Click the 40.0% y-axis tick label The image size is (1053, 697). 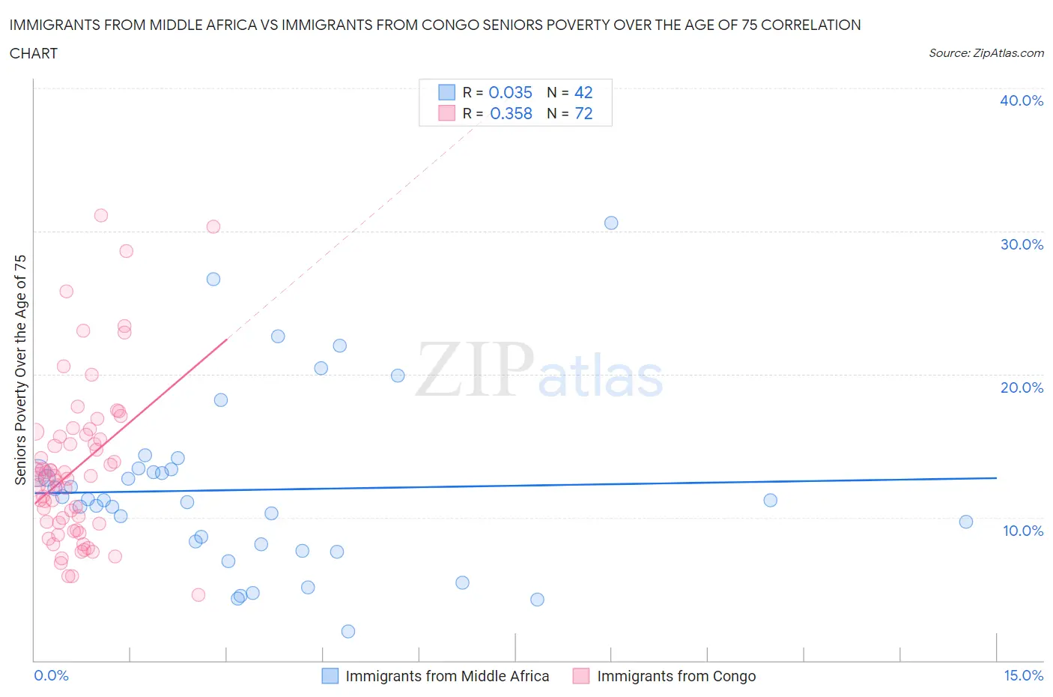tap(1021, 100)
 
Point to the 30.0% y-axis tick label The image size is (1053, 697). tap(1021, 244)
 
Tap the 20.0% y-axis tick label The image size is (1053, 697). tap(1021, 387)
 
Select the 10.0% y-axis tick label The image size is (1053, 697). tap(1022, 531)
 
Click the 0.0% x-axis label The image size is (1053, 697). tap(51, 675)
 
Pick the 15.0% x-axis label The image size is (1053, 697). tap(1023, 675)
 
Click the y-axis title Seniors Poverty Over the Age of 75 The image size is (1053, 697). tap(20, 369)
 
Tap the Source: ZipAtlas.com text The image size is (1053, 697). tap(986, 52)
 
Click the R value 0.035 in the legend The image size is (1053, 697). tap(510, 92)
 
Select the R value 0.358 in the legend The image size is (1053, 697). tap(511, 113)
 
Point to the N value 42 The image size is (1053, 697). tap(583, 92)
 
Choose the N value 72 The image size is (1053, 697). tap(583, 113)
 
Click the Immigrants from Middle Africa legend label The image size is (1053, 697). tap(447, 676)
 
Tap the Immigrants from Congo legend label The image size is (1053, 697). tap(676, 676)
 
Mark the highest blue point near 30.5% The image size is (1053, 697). tap(611, 223)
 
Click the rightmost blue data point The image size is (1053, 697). tap(966, 522)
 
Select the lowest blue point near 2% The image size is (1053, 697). tap(348, 631)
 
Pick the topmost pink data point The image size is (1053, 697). tap(101, 215)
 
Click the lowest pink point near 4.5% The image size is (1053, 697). tap(198, 594)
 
